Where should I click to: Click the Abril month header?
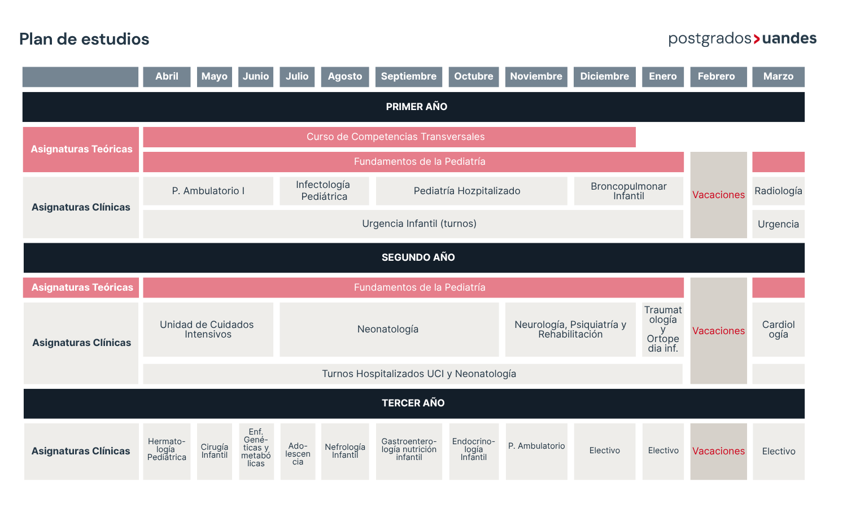tap(167, 77)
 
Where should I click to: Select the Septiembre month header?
tap(409, 77)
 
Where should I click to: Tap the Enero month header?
tap(663, 77)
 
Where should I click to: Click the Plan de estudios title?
tap(84, 39)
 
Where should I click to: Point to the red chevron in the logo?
tap(757, 39)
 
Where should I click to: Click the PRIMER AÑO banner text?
tap(416, 107)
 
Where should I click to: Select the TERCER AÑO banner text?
tap(413, 403)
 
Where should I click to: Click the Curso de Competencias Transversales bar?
tap(389, 137)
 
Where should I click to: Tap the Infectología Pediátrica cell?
tap(324, 191)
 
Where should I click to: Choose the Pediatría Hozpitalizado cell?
tap(471, 191)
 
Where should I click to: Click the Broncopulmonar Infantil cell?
tap(629, 191)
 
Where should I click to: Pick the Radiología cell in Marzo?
tap(778, 191)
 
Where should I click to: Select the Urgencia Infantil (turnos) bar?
tap(413, 224)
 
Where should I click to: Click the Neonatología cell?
tap(389, 329)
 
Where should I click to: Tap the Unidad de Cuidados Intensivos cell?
tap(208, 329)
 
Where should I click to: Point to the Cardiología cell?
tap(778, 329)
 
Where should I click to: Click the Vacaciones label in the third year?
tap(718, 451)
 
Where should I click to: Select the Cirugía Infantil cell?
tap(215, 452)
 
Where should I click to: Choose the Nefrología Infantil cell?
tap(345, 452)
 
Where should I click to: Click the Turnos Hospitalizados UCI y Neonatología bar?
tap(413, 374)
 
